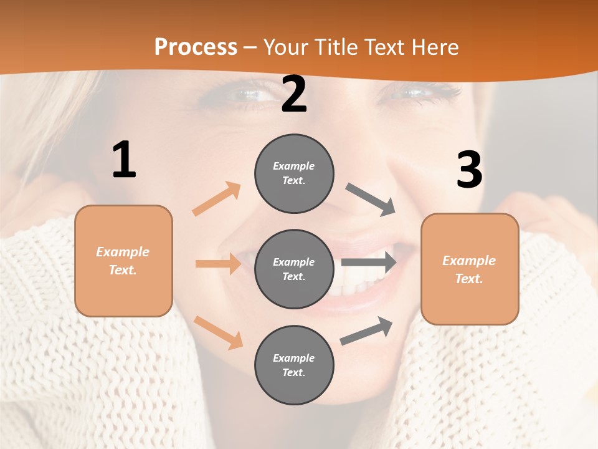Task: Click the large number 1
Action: pos(124,160)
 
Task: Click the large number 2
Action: pos(294,95)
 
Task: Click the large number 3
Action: pos(469,170)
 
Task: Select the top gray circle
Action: pos(294,173)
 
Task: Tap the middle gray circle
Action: pos(294,269)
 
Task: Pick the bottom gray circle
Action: pos(294,365)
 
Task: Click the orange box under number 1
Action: pos(123,261)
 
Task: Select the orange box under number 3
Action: pos(470,269)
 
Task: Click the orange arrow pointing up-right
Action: pos(217,198)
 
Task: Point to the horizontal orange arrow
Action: pos(218,264)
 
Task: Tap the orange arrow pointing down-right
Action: pos(219,332)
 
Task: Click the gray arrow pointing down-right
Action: pos(371,199)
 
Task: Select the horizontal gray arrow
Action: pos(369,263)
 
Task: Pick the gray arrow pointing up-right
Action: pos(366,331)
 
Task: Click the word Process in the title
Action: pos(196,47)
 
